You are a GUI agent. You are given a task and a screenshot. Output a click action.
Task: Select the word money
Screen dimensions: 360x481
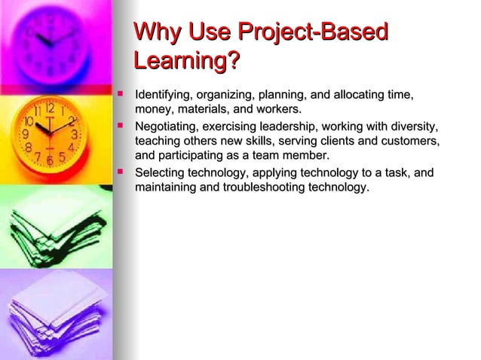[x=153, y=110]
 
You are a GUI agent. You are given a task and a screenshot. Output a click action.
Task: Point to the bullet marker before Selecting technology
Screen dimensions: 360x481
[x=118, y=172]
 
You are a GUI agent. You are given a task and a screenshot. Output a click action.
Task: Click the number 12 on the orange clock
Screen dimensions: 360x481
[x=49, y=108]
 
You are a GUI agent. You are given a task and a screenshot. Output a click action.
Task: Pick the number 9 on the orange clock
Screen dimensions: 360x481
[x=26, y=134]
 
